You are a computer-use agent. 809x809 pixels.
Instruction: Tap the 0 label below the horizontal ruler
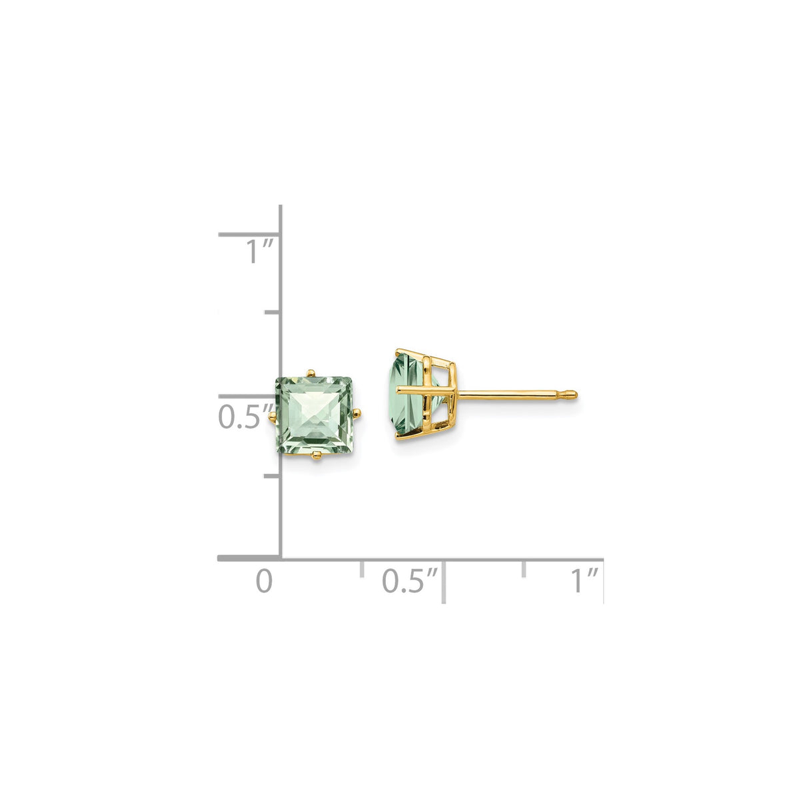tap(265, 581)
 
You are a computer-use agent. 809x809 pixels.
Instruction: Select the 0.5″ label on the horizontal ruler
tap(411, 581)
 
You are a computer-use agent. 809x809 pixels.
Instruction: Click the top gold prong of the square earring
tap(310, 371)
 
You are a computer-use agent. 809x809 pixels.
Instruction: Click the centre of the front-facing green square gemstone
tap(315, 414)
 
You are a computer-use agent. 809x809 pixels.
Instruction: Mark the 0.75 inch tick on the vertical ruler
tap(271, 312)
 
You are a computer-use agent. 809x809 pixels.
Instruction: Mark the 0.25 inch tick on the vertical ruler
tap(271, 476)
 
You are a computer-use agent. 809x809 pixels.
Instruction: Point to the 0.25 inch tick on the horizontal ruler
tap(362, 568)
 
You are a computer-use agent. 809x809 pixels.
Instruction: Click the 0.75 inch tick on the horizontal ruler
tap(524, 568)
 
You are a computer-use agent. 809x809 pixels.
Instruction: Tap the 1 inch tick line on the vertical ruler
tap(248, 235)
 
